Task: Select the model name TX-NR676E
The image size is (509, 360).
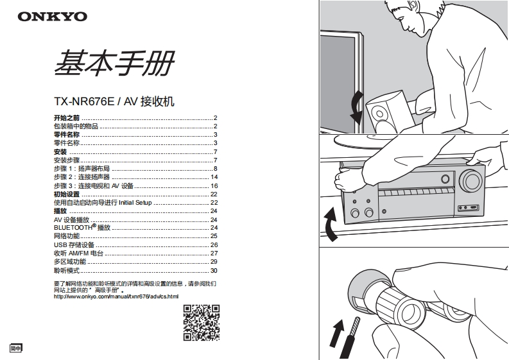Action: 83,101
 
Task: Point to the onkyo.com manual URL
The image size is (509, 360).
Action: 116,296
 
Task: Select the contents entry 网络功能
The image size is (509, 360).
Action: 67,236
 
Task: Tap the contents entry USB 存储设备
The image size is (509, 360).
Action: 74,245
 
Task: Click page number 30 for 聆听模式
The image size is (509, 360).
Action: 214,270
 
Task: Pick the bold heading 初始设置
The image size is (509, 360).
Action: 67,194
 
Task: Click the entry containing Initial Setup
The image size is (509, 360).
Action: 103,202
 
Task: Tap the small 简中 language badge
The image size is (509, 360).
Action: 16,348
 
